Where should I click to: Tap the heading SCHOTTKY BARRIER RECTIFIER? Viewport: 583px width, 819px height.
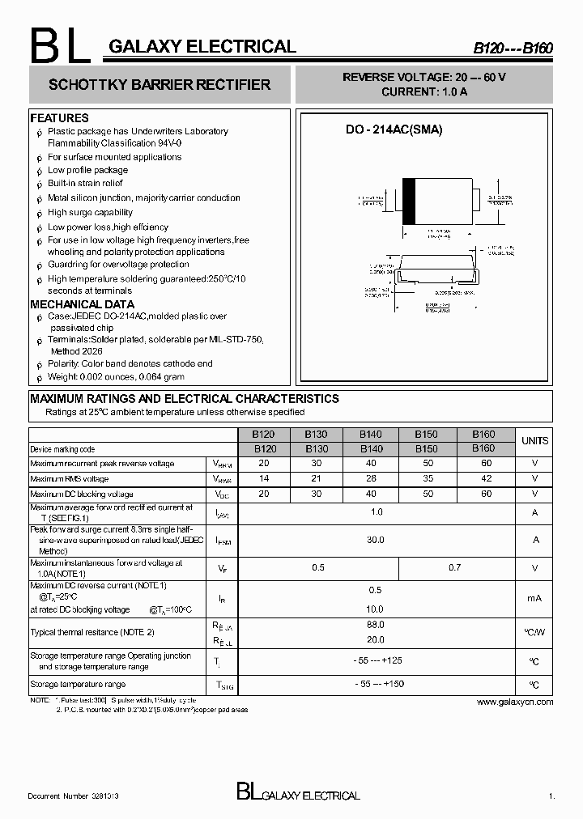pos(160,85)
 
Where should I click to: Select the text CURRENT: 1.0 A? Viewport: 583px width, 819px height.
pos(424,92)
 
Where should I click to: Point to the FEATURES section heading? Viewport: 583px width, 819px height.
pos(59,118)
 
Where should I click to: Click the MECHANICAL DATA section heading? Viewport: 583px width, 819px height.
pos(82,304)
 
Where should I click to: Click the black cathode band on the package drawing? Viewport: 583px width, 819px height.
pos(408,200)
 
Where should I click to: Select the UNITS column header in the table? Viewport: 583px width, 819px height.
pos(534,441)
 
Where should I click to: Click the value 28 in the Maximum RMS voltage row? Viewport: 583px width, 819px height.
pos(371,478)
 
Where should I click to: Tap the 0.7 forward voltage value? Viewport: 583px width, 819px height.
pos(455,568)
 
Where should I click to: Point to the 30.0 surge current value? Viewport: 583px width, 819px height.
pos(376,539)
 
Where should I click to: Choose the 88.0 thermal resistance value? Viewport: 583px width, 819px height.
pos(376,625)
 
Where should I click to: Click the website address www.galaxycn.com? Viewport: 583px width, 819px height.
pos(515,702)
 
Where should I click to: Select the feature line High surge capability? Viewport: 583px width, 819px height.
pos(90,213)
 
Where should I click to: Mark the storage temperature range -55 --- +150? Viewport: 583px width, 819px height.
pos(377,685)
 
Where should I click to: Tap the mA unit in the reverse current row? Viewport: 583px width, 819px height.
pos(534,598)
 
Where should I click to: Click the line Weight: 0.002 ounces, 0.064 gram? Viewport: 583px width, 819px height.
pos(116,376)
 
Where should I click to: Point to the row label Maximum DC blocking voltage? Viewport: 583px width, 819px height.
pos(82,494)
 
